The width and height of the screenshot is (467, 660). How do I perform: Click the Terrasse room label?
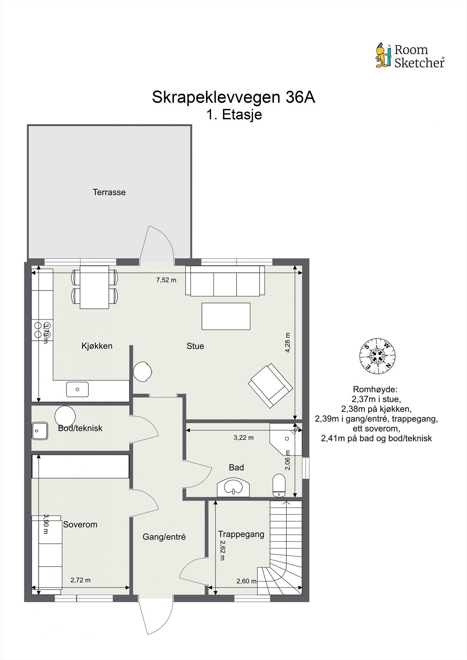tap(109, 192)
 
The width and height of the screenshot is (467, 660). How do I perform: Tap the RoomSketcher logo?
tap(410, 56)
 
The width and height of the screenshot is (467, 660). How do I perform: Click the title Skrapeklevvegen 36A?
tap(233, 97)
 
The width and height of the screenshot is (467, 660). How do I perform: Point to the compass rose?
tap(377, 356)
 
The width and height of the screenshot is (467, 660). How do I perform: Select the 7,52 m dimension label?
tap(166, 280)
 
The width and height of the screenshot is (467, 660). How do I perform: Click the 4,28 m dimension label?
tap(288, 342)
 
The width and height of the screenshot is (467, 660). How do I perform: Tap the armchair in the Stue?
tap(270, 385)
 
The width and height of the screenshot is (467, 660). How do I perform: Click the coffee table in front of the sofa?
tap(226, 316)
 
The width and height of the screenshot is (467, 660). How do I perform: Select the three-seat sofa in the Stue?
tap(225, 280)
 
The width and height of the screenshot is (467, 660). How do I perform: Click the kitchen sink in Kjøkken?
tap(77, 389)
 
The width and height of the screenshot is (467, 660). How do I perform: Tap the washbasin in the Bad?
tap(233, 488)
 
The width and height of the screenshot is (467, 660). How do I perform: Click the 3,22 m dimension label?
tap(243, 438)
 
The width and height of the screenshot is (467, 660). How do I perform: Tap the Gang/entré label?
tap(164, 537)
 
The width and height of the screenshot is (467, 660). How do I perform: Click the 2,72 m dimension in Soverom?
tap(80, 580)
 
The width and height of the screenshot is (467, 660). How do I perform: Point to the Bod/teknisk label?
tap(80, 428)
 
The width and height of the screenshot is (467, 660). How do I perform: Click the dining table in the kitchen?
tap(95, 287)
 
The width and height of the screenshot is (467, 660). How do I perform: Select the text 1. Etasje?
tap(234, 114)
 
